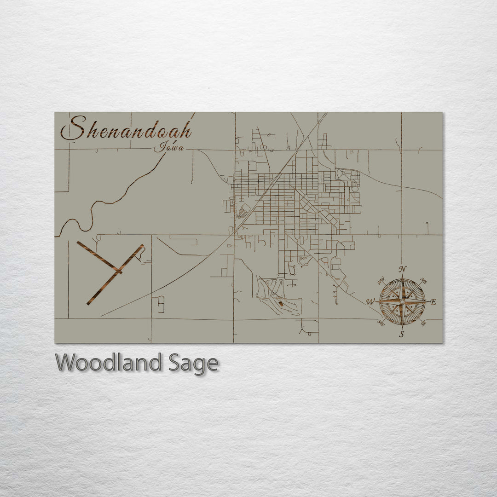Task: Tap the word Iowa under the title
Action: click(168, 147)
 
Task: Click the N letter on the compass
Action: click(403, 269)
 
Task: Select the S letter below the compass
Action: click(402, 335)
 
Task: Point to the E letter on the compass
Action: click(433, 302)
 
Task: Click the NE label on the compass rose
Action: click(424, 281)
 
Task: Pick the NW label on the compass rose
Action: click(381, 281)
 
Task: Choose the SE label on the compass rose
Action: click(423, 323)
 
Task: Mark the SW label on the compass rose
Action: click(381, 323)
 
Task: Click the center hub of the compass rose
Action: click(402, 302)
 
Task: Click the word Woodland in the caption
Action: click(109, 363)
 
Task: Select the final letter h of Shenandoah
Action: click(185, 131)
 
